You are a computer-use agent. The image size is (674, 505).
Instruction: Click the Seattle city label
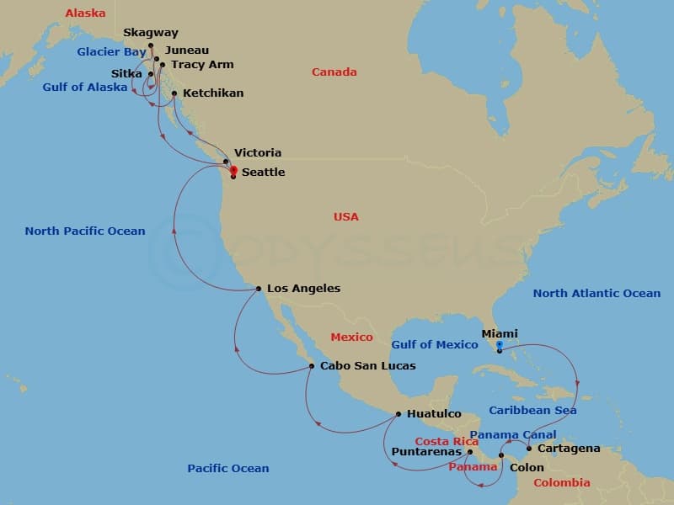tap(263, 173)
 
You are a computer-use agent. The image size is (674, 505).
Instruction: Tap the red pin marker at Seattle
tap(233, 170)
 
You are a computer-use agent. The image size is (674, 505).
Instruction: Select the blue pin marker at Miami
tap(499, 345)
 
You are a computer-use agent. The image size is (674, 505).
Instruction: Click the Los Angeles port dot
tap(258, 289)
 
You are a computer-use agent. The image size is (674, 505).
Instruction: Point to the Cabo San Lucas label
tap(367, 366)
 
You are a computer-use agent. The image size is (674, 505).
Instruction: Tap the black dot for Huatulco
tap(399, 414)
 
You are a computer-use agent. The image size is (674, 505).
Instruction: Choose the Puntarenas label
tap(428, 452)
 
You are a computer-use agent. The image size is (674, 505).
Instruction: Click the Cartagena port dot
tap(529, 448)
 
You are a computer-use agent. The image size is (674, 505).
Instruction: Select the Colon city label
tap(527, 467)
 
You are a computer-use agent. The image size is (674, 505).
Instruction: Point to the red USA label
tap(345, 217)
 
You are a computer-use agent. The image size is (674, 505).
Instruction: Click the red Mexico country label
tap(351, 338)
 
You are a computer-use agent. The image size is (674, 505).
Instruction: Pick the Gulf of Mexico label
tap(434, 344)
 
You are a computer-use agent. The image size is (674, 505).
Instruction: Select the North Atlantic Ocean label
tap(596, 294)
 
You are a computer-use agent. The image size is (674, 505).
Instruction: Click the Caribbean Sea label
tap(532, 411)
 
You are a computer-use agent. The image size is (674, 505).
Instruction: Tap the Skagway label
tap(151, 33)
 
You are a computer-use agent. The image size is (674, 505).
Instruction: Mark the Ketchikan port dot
tap(174, 93)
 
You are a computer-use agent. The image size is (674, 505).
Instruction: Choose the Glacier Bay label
tap(111, 52)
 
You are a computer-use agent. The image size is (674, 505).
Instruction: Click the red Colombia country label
tap(562, 483)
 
